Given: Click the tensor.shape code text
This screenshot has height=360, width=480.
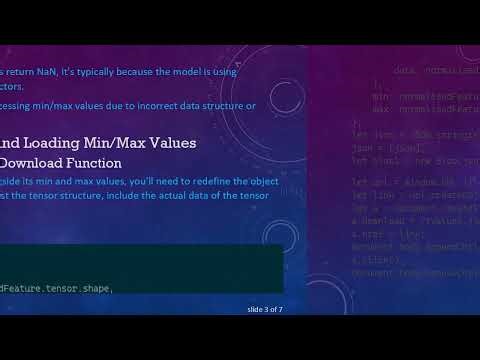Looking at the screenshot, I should (74, 288).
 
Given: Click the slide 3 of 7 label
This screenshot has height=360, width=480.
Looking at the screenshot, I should (265, 309).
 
